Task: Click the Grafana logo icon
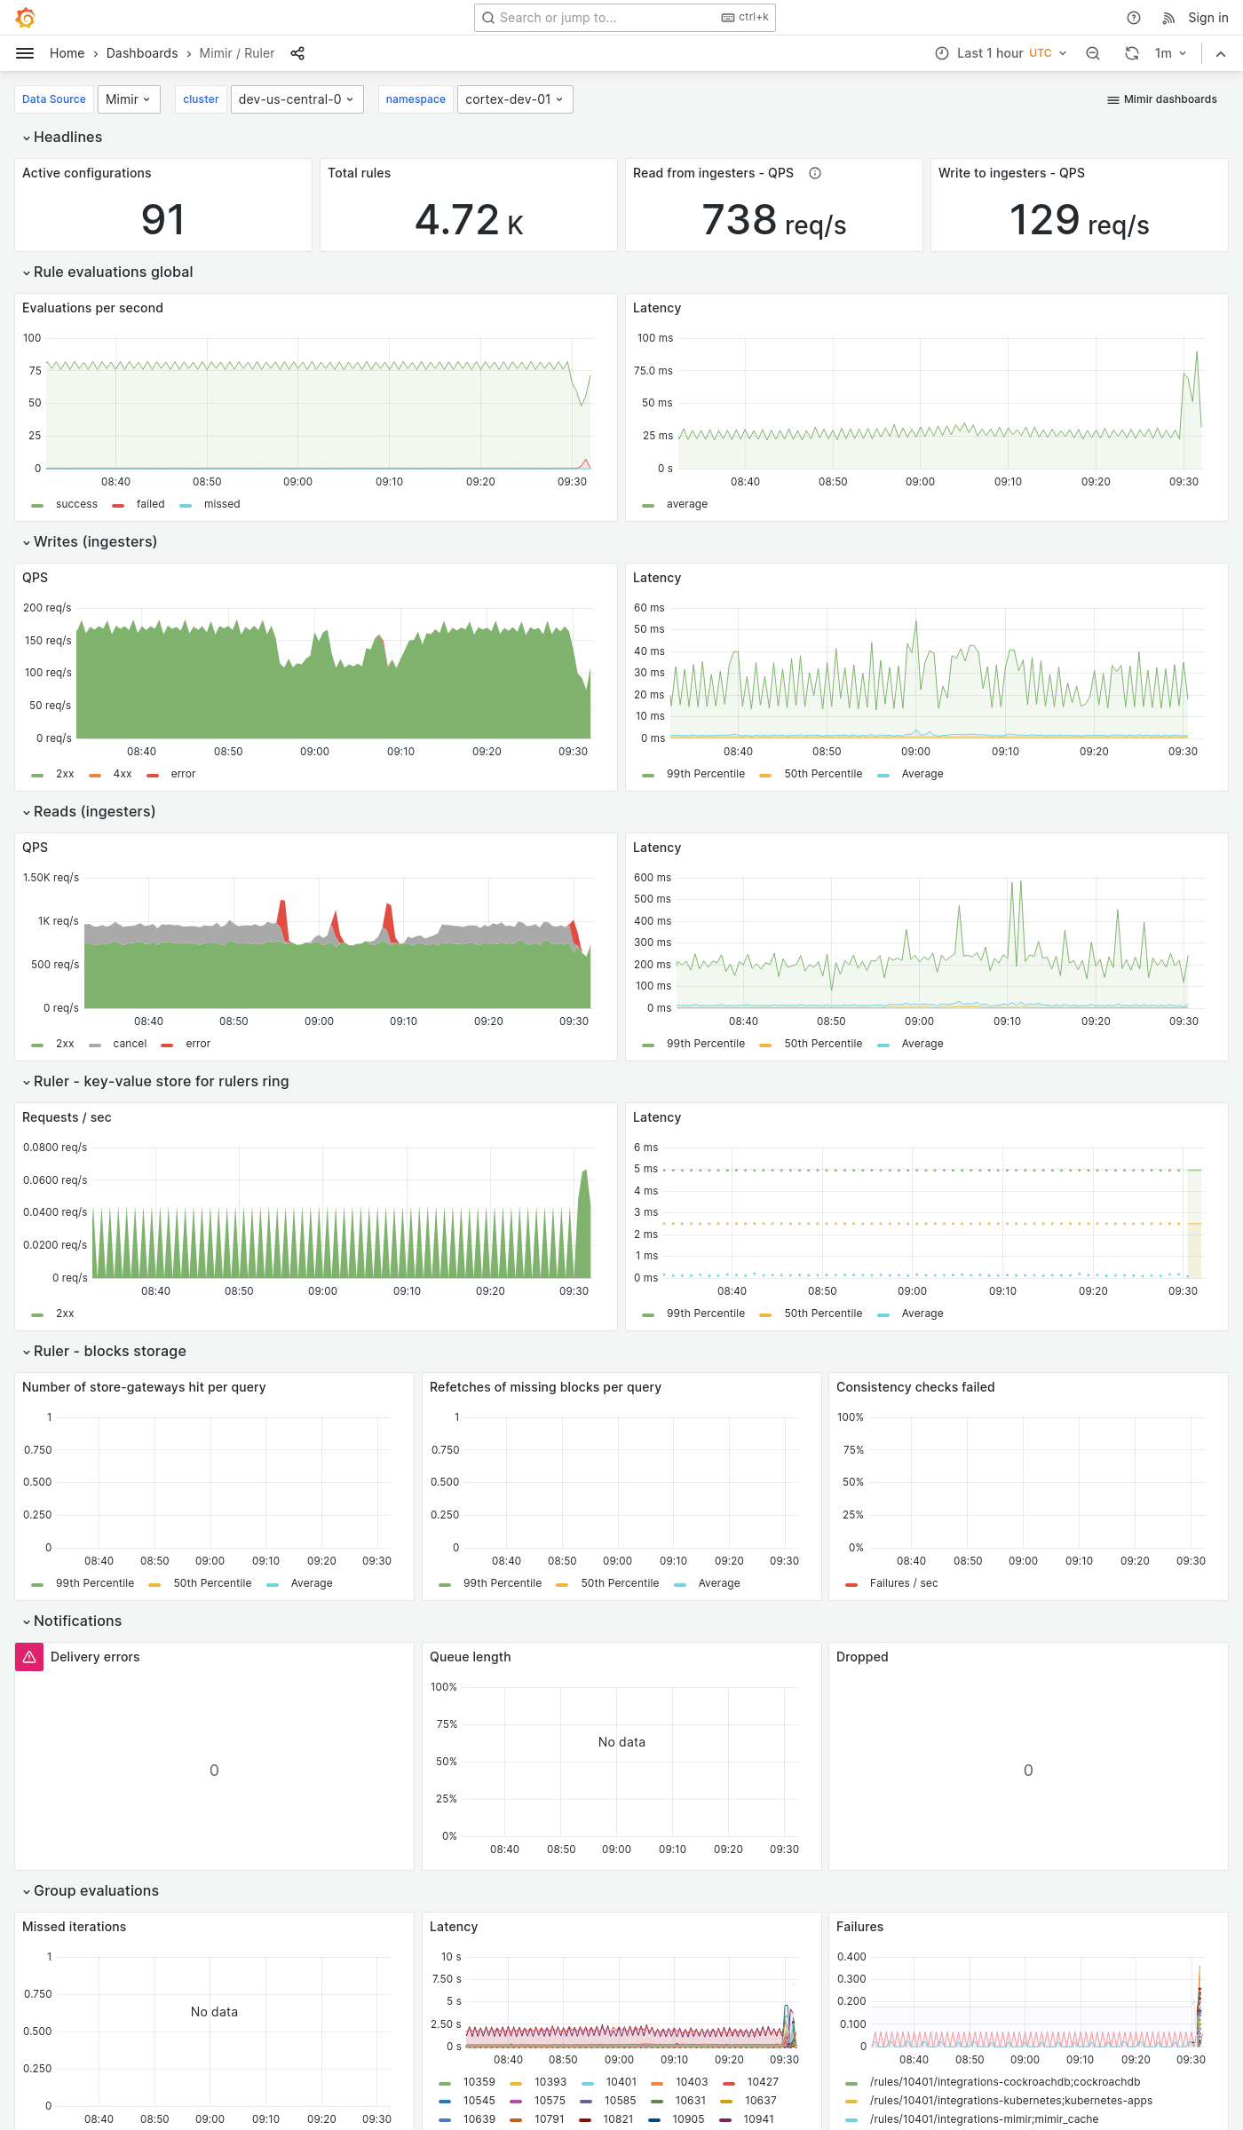click(26, 18)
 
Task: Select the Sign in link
click(1207, 18)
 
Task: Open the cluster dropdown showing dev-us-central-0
click(296, 99)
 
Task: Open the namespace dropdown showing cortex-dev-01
click(514, 99)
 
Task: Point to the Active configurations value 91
click(162, 220)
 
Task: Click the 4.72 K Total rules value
click(468, 220)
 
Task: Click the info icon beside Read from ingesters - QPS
click(815, 173)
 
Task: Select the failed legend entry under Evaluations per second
click(150, 504)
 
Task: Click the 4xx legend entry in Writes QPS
click(122, 774)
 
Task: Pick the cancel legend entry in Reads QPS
click(130, 1044)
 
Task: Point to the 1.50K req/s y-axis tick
click(51, 878)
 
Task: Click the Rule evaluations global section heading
click(113, 272)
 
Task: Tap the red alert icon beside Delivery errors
click(29, 1657)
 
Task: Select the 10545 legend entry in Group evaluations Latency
click(479, 2101)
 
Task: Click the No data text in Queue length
click(621, 1742)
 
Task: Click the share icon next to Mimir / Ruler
click(297, 53)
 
